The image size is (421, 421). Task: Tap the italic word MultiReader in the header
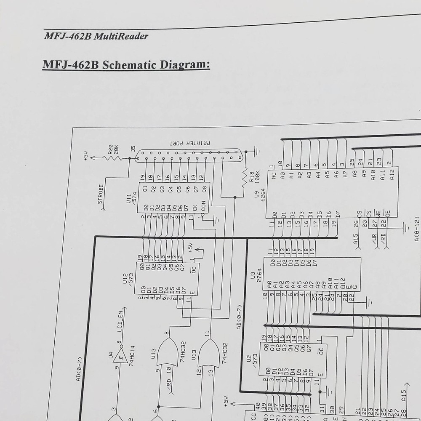pos(121,36)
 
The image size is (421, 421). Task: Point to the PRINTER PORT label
pos(189,143)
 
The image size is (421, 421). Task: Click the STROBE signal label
pos(101,194)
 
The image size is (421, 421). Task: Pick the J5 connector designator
pos(133,149)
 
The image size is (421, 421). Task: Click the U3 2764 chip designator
pos(256,276)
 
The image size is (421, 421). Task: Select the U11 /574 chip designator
pos(131,199)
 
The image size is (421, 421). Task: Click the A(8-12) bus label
pos(416,229)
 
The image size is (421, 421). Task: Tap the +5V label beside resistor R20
pos(86,156)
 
